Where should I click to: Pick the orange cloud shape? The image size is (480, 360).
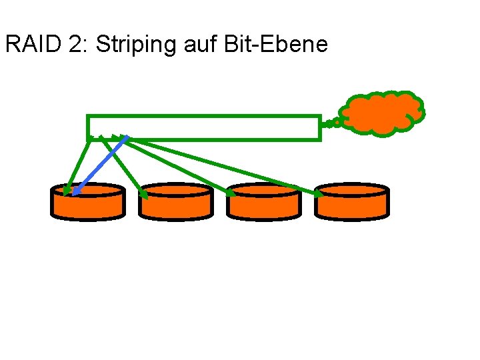click(x=381, y=112)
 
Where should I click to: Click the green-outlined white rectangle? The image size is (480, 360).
click(x=204, y=127)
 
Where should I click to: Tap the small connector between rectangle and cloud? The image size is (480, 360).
click(x=329, y=123)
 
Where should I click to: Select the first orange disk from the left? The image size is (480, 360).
click(x=88, y=202)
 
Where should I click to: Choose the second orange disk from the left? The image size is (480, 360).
click(x=176, y=202)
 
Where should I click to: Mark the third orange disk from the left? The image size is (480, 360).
click(x=263, y=202)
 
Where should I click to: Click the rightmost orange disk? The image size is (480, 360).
click(x=351, y=202)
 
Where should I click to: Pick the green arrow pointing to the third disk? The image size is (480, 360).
click(x=180, y=167)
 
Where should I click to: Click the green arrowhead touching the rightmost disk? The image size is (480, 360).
click(x=319, y=194)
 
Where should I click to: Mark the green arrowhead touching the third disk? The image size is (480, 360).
click(x=231, y=193)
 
